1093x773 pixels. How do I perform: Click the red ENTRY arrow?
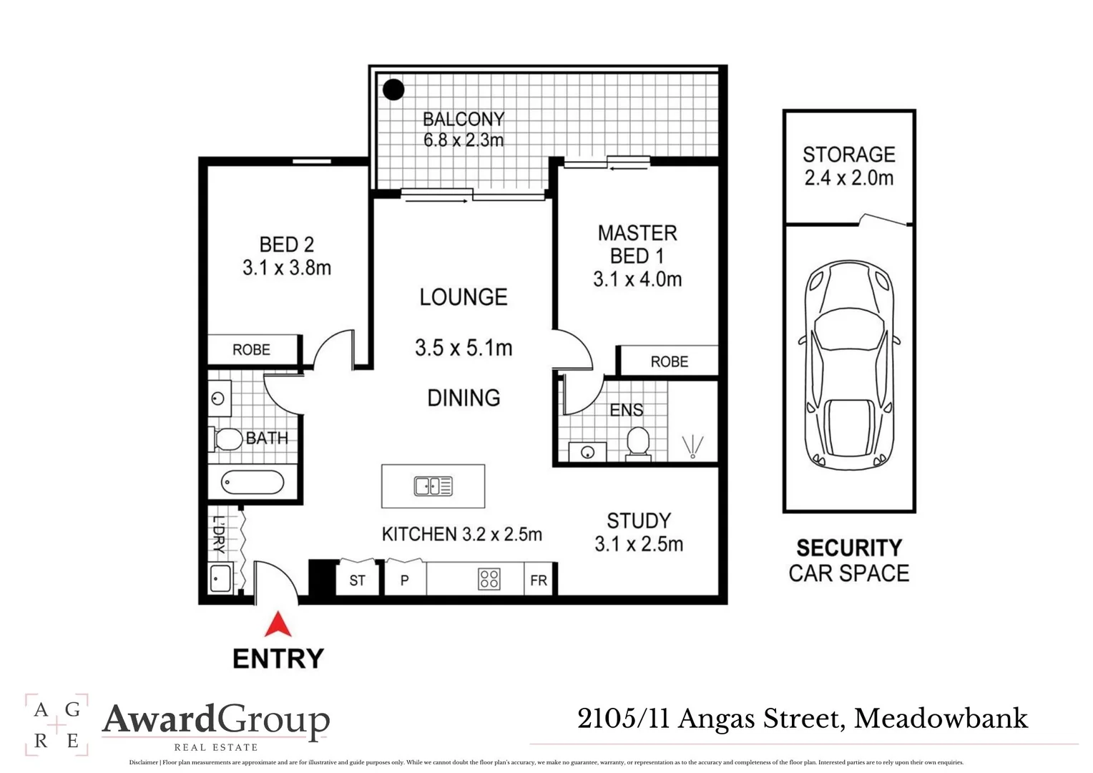pos(278,624)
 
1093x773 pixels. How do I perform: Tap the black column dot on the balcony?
pos(393,90)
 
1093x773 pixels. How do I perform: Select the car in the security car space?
pos(848,364)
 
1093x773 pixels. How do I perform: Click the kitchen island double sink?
pos(433,487)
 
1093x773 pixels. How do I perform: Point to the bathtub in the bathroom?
pos(253,482)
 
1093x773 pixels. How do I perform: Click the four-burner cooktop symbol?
pos(489,579)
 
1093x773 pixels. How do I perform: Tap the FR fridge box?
pos(539,580)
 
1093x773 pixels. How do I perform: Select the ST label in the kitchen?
pos(357,580)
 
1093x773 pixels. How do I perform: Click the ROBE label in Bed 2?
pos(251,350)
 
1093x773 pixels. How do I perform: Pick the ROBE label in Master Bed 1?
pos(669,362)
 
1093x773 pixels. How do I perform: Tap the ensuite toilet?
pos(637,442)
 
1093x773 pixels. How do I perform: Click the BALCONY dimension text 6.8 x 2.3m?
pos(464,140)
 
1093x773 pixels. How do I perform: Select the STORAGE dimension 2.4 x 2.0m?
pos(848,178)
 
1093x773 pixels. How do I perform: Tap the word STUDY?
pos(639,520)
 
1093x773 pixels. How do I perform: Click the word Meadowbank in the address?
pos(941,719)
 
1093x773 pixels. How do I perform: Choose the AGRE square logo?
pos(57,724)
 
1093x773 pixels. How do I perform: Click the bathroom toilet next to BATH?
pos(227,439)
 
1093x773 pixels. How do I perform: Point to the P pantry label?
pos(404,580)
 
